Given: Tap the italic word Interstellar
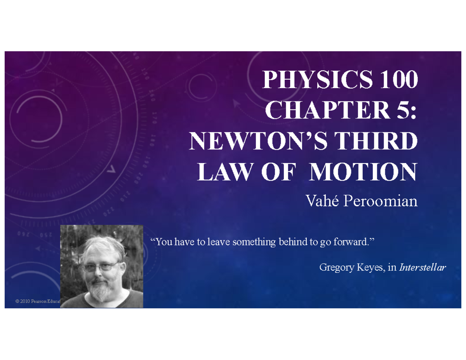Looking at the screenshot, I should [423, 267].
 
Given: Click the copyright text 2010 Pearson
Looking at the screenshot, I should [35, 302].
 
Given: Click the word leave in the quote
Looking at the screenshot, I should [218, 243].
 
